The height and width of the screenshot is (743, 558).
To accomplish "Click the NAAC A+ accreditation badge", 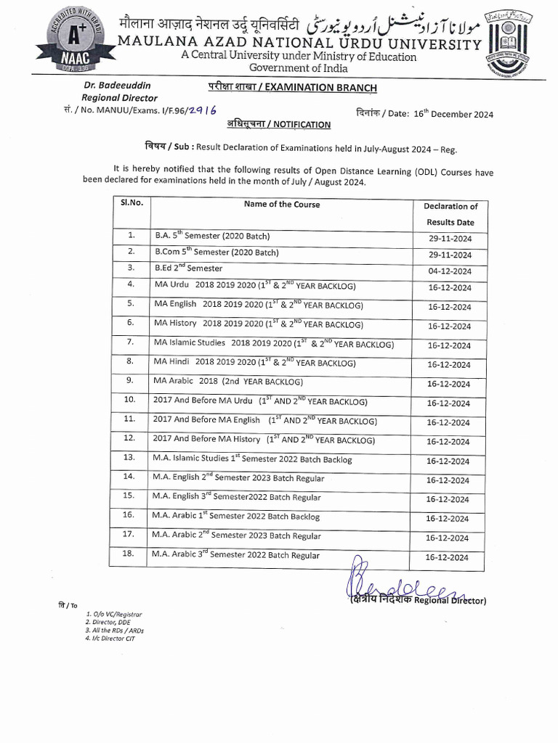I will (76, 38).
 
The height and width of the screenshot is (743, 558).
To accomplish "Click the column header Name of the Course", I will (281, 204).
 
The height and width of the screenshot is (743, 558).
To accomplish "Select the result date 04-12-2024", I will (449, 271).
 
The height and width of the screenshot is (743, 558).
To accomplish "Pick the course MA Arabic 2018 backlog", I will (228, 381).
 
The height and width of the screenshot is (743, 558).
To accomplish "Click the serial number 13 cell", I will (130, 458).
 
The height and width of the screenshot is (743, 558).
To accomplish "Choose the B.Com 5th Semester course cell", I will (216, 253).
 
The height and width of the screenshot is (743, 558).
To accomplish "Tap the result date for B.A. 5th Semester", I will (449, 238).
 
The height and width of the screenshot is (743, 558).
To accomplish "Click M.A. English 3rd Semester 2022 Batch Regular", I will (236, 497).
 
